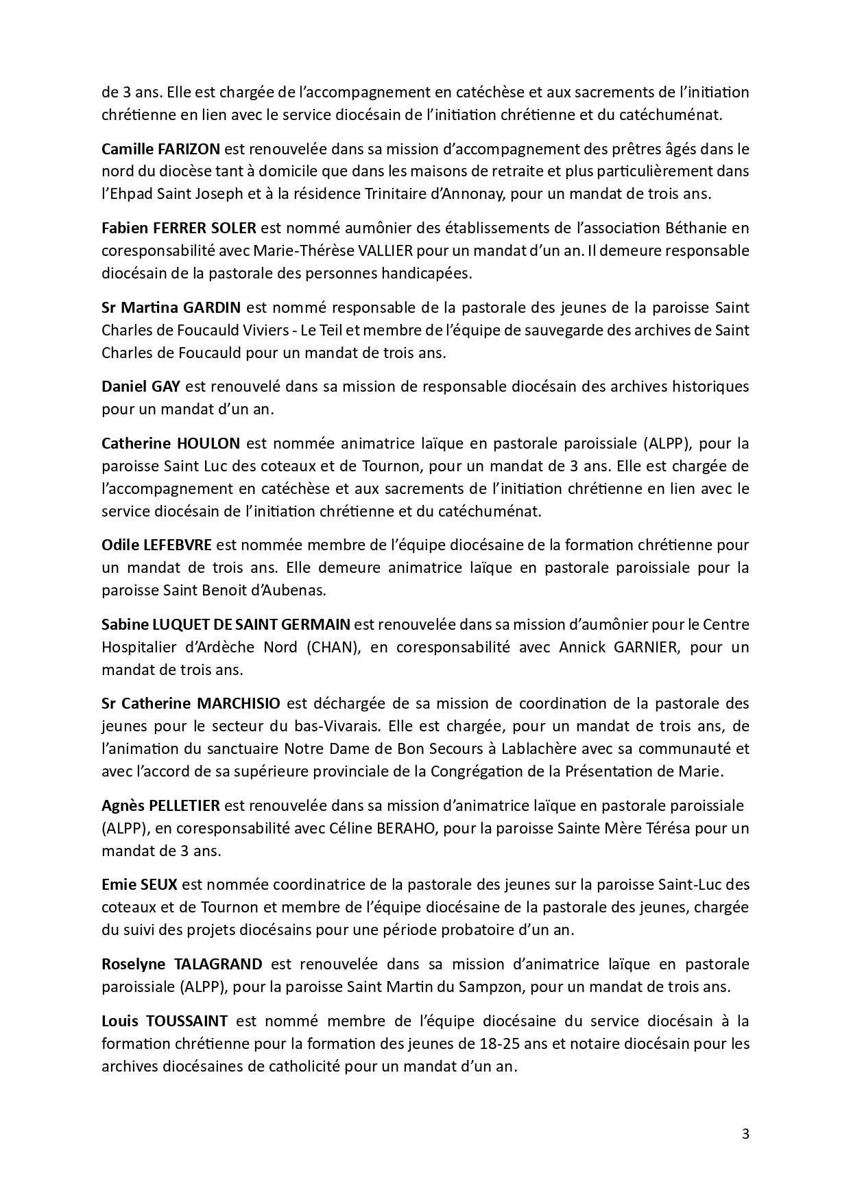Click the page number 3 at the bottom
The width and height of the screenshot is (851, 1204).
745,1134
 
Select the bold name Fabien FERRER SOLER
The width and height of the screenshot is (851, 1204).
178,228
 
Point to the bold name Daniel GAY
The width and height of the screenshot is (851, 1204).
141,386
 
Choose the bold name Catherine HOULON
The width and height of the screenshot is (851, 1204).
171,443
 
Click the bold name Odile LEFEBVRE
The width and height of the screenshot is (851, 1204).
157,545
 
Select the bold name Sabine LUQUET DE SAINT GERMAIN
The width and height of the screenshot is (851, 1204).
226,624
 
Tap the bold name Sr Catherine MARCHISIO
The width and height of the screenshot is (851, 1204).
191,703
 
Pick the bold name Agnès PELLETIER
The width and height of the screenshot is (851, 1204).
160,805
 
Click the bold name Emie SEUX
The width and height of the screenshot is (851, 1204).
139,884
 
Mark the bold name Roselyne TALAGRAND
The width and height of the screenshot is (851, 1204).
182,964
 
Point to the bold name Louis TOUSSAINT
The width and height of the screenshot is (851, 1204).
165,1021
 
